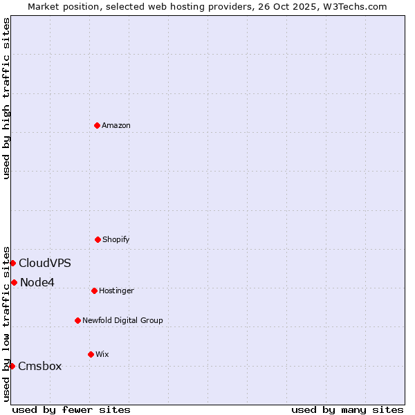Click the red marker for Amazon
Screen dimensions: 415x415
[97, 125]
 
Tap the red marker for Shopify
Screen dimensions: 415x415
[98, 239]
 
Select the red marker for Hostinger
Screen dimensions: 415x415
[94, 290]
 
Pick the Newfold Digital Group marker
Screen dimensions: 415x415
[77, 320]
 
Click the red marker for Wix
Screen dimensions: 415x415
[91, 354]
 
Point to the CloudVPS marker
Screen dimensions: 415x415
[12, 263]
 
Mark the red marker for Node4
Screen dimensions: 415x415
[14, 282]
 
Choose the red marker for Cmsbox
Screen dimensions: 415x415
[12, 366]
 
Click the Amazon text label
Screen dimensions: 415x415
[116, 125]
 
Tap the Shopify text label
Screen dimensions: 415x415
[116, 239]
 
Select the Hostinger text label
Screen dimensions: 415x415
[116, 290]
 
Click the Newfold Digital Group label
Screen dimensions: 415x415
[122, 320]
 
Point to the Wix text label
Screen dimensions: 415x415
[102, 354]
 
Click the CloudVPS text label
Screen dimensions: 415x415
[45, 263]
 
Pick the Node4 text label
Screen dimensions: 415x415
[37, 282]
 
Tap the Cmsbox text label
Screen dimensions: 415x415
[40, 366]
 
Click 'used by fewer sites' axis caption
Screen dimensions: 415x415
[71, 409]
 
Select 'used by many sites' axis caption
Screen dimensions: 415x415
[347, 409]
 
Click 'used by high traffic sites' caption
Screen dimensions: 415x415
[6, 98]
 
